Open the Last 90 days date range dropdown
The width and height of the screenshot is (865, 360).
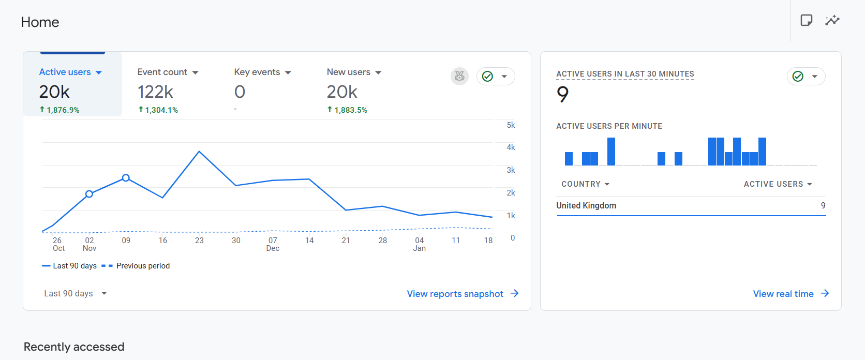[75, 294]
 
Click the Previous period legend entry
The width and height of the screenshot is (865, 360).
[143, 266]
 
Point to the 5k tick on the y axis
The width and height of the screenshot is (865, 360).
[511, 125]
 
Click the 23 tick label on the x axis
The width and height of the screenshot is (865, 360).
[199, 241]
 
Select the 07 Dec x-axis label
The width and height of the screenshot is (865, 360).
[273, 244]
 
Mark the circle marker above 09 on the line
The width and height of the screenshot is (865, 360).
[126, 178]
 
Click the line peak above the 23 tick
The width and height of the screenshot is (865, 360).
[199, 152]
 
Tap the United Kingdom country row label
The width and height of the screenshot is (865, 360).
[586, 206]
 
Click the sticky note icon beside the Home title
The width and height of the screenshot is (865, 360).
[806, 21]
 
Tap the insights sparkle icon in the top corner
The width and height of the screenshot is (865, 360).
[832, 21]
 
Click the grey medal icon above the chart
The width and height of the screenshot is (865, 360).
[459, 77]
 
